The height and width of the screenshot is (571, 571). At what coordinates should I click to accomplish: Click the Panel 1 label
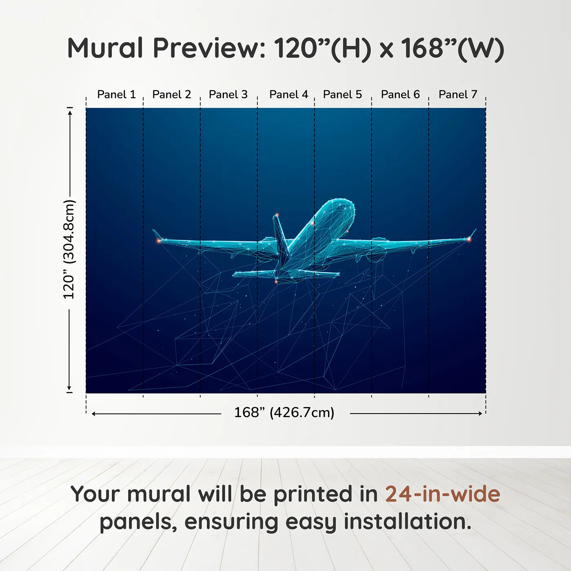[117, 95]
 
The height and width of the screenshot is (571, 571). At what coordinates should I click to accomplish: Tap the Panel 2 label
[172, 95]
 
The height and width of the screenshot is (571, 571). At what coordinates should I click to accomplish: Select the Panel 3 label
[228, 95]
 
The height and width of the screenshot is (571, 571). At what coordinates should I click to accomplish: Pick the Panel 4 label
[289, 95]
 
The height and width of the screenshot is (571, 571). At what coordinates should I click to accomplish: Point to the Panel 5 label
[343, 95]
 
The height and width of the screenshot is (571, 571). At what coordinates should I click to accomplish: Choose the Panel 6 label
[401, 95]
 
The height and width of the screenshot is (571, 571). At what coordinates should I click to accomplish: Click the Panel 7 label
[458, 95]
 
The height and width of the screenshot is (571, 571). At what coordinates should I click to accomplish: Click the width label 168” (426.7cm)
[284, 412]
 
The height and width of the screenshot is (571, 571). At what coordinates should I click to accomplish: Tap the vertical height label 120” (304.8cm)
[69, 249]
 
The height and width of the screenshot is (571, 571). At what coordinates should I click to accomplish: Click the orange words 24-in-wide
[443, 494]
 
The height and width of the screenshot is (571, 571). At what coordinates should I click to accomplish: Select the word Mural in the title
[106, 48]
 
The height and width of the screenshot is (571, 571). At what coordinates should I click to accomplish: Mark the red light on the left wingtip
[159, 241]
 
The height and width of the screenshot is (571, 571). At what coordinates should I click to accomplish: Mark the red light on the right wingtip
[469, 239]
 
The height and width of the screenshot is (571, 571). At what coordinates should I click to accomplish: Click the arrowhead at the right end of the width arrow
[480, 414]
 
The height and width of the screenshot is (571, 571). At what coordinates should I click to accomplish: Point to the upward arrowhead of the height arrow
[70, 112]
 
